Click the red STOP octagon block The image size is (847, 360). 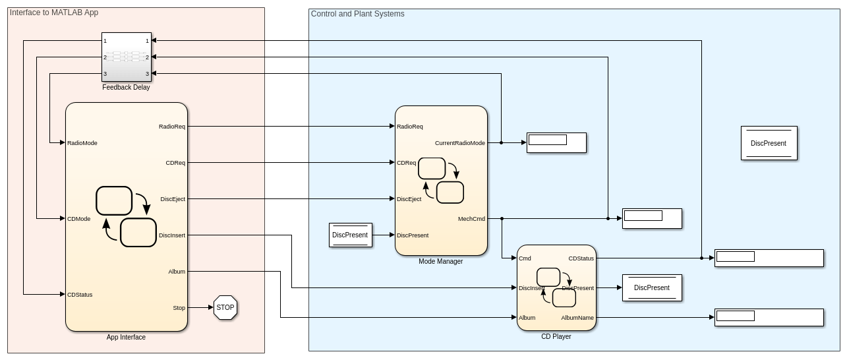pyautogui.click(x=225, y=308)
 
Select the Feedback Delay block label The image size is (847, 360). pyautogui.click(x=126, y=88)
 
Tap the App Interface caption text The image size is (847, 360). pyautogui.click(x=126, y=338)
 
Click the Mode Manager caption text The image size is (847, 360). pyautogui.click(x=441, y=262)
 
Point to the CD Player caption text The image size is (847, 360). pyautogui.click(x=556, y=337)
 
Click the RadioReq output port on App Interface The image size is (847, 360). pyautogui.click(x=173, y=127)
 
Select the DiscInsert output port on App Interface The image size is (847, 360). pyautogui.click(x=173, y=235)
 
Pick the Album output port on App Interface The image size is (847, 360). pyautogui.click(x=177, y=272)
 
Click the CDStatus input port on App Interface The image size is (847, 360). pyautogui.click(x=80, y=295)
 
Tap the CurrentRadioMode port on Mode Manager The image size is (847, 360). pyautogui.click(x=460, y=143)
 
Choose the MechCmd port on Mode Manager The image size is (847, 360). pyautogui.click(x=472, y=219)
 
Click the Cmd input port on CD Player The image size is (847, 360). pyautogui.click(x=525, y=258)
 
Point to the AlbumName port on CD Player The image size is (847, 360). pyautogui.click(x=577, y=318)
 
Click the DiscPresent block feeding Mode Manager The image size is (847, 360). pyautogui.click(x=351, y=235)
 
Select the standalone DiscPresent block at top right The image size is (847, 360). pyautogui.click(x=769, y=143)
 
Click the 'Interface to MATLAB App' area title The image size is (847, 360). pyautogui.click(x=54, y=13)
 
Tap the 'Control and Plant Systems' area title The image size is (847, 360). pyautogui.click(x=358, y=14)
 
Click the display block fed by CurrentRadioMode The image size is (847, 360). pyautogui.click(x=556, y=142)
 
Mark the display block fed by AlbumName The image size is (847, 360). pyautogui.click(x=769, y=317)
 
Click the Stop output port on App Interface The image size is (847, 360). pyautogui.click(x=179, y=308)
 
